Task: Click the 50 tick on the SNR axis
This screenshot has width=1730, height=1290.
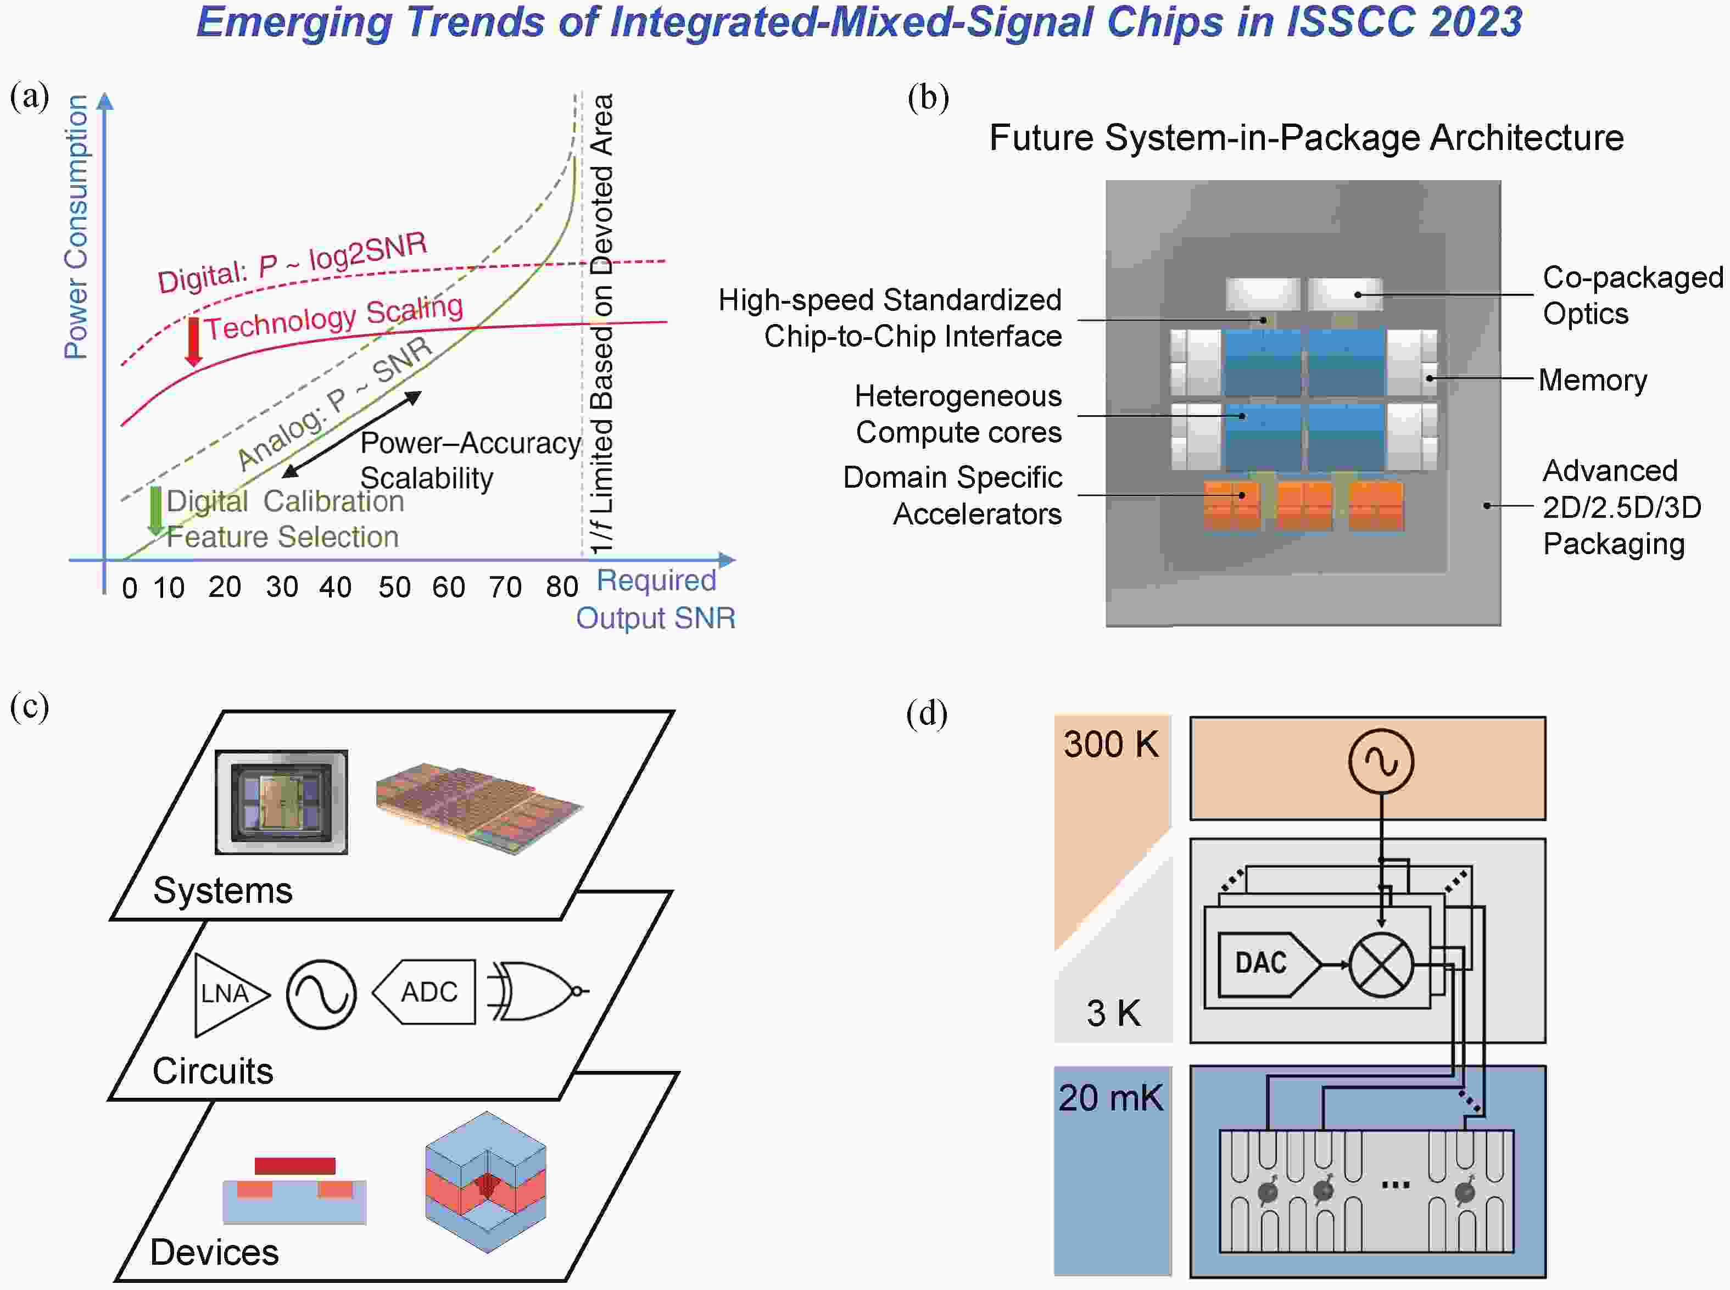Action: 394,587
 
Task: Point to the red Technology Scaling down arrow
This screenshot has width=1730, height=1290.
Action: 193,341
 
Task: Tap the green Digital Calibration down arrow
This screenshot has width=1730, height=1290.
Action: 155,511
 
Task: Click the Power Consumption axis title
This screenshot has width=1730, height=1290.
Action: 76,226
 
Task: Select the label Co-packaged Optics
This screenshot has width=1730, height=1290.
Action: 1632,295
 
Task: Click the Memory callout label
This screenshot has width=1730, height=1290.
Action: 1593,379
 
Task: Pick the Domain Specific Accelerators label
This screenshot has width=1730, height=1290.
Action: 953,495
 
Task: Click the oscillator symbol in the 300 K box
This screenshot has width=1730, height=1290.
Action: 1381,761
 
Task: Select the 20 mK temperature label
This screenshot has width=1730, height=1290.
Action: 1110,1098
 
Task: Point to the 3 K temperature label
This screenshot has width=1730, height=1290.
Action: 1113,1013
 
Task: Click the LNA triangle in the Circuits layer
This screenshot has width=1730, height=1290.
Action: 231,994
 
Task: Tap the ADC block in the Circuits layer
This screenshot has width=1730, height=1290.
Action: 424,992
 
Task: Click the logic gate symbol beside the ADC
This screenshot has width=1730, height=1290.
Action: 537,991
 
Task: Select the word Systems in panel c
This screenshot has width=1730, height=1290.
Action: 222,890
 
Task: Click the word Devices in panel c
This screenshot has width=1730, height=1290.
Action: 214,1252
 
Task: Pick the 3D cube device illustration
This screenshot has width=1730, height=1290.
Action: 486,1181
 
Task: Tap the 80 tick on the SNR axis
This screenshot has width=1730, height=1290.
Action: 562,587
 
